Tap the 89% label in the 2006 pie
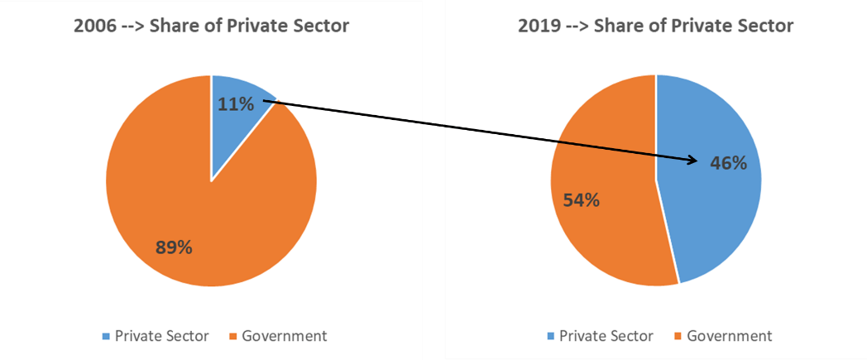pyautogui.click(x=175, y=247)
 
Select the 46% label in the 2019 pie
pyautogui.click(x=729, y=163)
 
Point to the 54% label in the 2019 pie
pyautogui.click(x=582, y=200)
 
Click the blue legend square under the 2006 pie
pyautogui.click(x=105, y=337)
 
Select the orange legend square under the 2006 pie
pyautogui.click(x=232, y=337)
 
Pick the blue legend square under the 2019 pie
pyautogui.click(x=550, y=337)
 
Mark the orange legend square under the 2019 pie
pyautogui.click(x=678, y=337)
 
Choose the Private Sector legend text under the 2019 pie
pyautogui.click(x=606, y=336)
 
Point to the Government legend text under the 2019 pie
pyautogui.click(x=730, y=336)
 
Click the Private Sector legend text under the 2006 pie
pyautogui.click(x=161, y=336)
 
